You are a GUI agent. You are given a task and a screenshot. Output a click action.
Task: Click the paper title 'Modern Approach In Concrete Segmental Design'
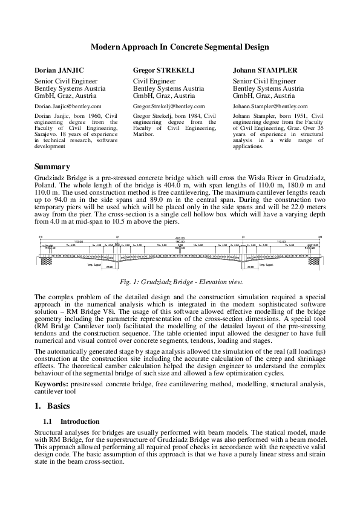coord(180,46)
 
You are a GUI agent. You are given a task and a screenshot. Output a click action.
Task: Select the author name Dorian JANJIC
coord(56,70)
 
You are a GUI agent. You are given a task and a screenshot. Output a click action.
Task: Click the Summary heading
coord(52,167)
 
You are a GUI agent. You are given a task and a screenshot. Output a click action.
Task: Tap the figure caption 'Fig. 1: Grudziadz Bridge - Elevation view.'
coord(180,282)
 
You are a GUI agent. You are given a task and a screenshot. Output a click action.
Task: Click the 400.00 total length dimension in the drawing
coord(180,238)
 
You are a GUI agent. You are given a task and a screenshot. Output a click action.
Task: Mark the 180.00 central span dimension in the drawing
coord(180,241)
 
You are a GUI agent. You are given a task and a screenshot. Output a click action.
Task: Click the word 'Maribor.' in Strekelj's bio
coord(143,134)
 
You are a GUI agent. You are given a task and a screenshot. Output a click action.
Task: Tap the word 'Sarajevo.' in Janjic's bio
coord(47,134)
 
